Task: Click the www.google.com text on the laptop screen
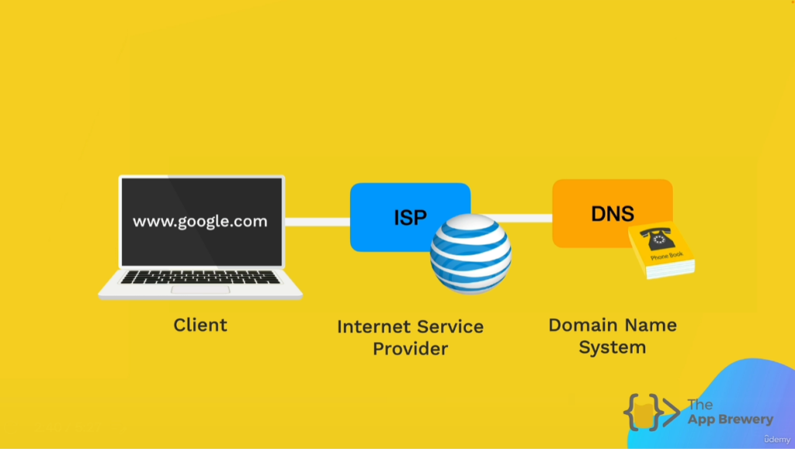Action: [200, 222]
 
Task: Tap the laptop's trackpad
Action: [200, 289]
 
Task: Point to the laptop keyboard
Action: [200, 277]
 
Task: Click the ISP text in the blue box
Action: [410, 218]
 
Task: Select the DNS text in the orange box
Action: [613, 214]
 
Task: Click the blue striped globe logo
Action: [470, 254]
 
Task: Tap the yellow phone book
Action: [661, 250]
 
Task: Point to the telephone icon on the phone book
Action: [658, 238]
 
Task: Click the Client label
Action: [200, 325]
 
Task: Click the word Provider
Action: [410, 349]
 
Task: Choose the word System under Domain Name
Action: [613, 347]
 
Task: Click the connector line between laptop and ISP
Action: [318, 222]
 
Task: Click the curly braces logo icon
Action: [651, 412]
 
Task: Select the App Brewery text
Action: [730, 419]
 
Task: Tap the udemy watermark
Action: [776, 440]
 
